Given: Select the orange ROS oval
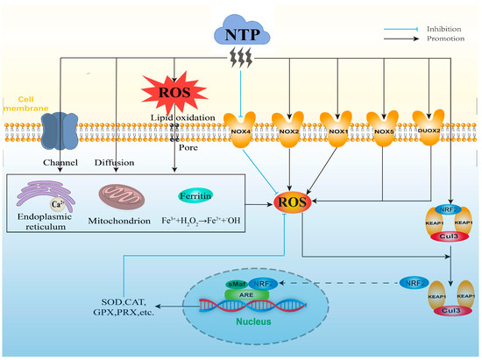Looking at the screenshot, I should point(293,205).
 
